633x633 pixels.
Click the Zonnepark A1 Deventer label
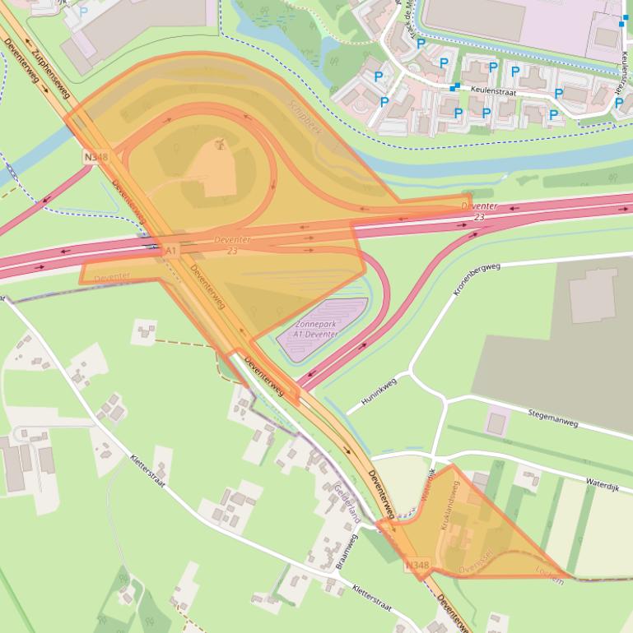(321, 329)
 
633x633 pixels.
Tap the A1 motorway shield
(171, 249)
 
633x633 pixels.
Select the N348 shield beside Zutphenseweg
(95, 155)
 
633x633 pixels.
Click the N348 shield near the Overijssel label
(417, 565)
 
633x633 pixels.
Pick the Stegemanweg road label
(552, 417)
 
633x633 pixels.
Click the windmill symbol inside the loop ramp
(219, 145)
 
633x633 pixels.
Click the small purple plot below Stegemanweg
(496, 423)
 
